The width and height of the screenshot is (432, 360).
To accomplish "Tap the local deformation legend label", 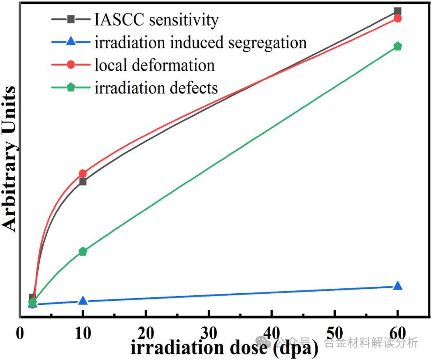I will click(x=154, y=65).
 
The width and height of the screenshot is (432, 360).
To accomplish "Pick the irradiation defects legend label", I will click(x=156, y=87).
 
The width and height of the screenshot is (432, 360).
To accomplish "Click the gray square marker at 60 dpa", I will click(x=397, y=11).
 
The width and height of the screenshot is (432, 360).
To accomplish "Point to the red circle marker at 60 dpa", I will click(x=397, y=18).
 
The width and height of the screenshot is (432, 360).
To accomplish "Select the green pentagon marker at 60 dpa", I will click(x=397, y=46).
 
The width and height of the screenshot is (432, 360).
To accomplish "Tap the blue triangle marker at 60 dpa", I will click(x=397, y=286).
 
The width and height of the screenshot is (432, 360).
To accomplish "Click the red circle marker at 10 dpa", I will click(x=83, y=173).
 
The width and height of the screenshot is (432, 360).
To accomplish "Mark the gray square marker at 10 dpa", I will click(x=83, y=182).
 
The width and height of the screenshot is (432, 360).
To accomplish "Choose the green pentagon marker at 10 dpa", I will click(x=83, y=251).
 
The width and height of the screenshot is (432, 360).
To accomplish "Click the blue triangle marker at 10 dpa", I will click(x=83, y=301).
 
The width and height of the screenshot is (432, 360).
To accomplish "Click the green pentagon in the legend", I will click(x=71, y=87).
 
